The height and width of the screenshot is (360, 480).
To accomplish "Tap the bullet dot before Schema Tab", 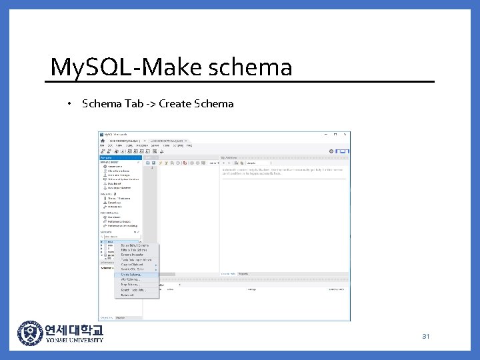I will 69,104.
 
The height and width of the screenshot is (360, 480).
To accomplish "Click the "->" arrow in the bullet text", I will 149,103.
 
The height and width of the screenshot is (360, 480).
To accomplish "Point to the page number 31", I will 425,336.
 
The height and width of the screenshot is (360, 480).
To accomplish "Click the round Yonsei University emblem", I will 29,333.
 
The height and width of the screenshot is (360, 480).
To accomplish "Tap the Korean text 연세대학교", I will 74,329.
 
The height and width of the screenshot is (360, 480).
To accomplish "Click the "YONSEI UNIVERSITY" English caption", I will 74,340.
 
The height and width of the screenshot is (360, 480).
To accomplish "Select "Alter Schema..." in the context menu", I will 130,279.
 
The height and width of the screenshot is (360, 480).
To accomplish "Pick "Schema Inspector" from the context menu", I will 132,255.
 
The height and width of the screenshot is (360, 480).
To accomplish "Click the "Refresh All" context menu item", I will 128,295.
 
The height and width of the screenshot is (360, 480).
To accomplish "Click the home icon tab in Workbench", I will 103,141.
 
